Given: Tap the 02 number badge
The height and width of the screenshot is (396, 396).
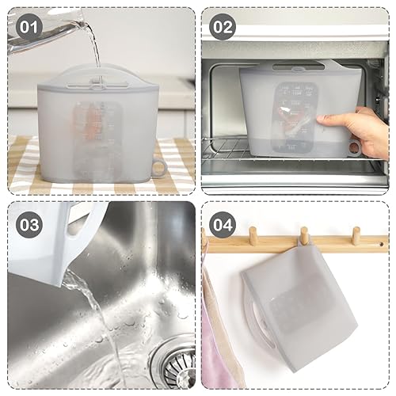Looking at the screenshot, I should point(224,27).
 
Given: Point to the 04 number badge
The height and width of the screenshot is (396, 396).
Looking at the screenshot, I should point(224,224).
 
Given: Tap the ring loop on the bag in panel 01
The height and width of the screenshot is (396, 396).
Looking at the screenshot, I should point(158,167).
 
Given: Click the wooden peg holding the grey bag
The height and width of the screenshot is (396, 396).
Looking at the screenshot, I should point(303,235).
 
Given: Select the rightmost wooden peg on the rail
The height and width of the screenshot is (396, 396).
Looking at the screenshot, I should point(356,235).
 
